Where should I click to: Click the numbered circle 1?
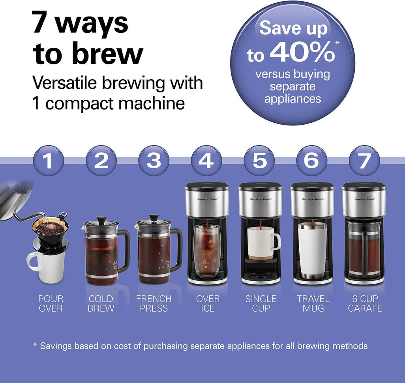48,161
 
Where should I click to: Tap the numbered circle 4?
206,161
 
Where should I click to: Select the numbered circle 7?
364,161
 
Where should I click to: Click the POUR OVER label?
51,303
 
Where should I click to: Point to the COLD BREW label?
101,303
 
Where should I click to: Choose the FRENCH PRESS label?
154,303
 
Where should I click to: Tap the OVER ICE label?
208,303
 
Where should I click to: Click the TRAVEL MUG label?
313,303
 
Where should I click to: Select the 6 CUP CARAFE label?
365,303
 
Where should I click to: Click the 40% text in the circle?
302,54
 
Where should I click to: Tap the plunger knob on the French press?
154,217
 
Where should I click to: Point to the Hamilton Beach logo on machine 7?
364,199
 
